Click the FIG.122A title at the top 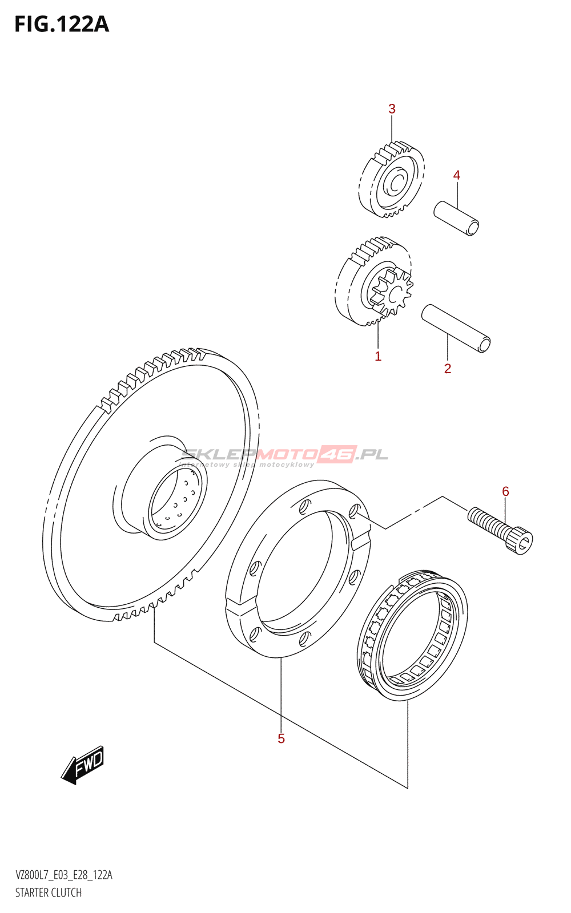62,25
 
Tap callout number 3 392,109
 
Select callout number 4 457,175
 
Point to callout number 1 378,357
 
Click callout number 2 448,369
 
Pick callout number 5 281,739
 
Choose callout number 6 505,491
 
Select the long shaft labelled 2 456,329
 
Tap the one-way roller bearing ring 413,634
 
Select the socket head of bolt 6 521,541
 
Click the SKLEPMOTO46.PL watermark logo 284,455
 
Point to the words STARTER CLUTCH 49,892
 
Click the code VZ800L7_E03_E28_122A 64,875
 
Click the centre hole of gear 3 395,183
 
